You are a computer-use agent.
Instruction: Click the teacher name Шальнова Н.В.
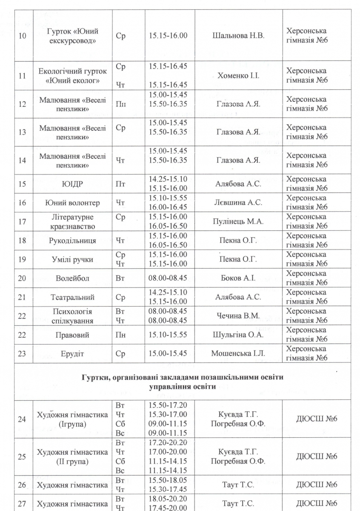click(238, 36)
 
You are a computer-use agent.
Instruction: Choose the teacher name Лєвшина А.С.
click(238, 203)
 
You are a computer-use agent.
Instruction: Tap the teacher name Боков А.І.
click(238, 278)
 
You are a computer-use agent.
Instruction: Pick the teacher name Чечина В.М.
click(238, 316)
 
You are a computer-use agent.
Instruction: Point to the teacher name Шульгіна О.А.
click(238, 335)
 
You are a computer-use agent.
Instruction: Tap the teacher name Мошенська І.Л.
click(238, 353)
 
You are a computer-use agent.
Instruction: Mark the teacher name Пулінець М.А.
click(238, 222)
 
